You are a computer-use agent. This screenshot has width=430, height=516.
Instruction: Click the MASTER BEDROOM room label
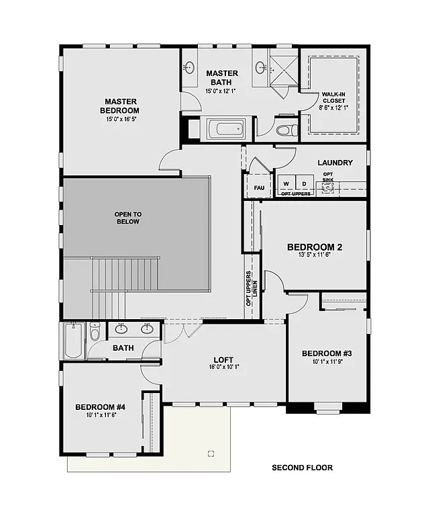(x=119, y=105)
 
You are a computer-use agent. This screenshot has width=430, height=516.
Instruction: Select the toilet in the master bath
(x=284, y=130)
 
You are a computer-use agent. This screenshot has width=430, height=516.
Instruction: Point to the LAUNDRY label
(x=335, y=163)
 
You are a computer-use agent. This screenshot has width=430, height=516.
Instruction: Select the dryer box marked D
(x=303, y=183)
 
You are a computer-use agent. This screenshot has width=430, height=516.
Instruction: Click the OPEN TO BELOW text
(x=127, y=218)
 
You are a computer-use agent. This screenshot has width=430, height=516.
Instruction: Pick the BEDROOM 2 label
(x=315, y=247)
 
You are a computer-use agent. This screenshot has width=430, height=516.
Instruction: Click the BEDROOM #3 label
(x=327, y=353)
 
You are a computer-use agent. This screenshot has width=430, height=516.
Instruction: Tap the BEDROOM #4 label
(x=100, y=406)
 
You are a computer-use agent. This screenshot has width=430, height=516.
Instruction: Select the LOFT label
(x=223, y=359)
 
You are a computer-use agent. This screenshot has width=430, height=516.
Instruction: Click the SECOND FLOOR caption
(x=302, y=468)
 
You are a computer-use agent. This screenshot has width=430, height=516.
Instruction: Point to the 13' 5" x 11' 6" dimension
(x=315, y=255)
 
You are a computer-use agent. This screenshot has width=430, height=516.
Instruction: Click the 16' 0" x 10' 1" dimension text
(x=223, y=368)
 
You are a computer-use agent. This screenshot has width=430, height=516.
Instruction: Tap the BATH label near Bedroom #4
(x=123, y=348)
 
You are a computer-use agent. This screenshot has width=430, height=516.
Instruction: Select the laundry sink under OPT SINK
(x=327, y=188)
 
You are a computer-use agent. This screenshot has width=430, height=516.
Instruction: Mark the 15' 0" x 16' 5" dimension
(x=119, y=119)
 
